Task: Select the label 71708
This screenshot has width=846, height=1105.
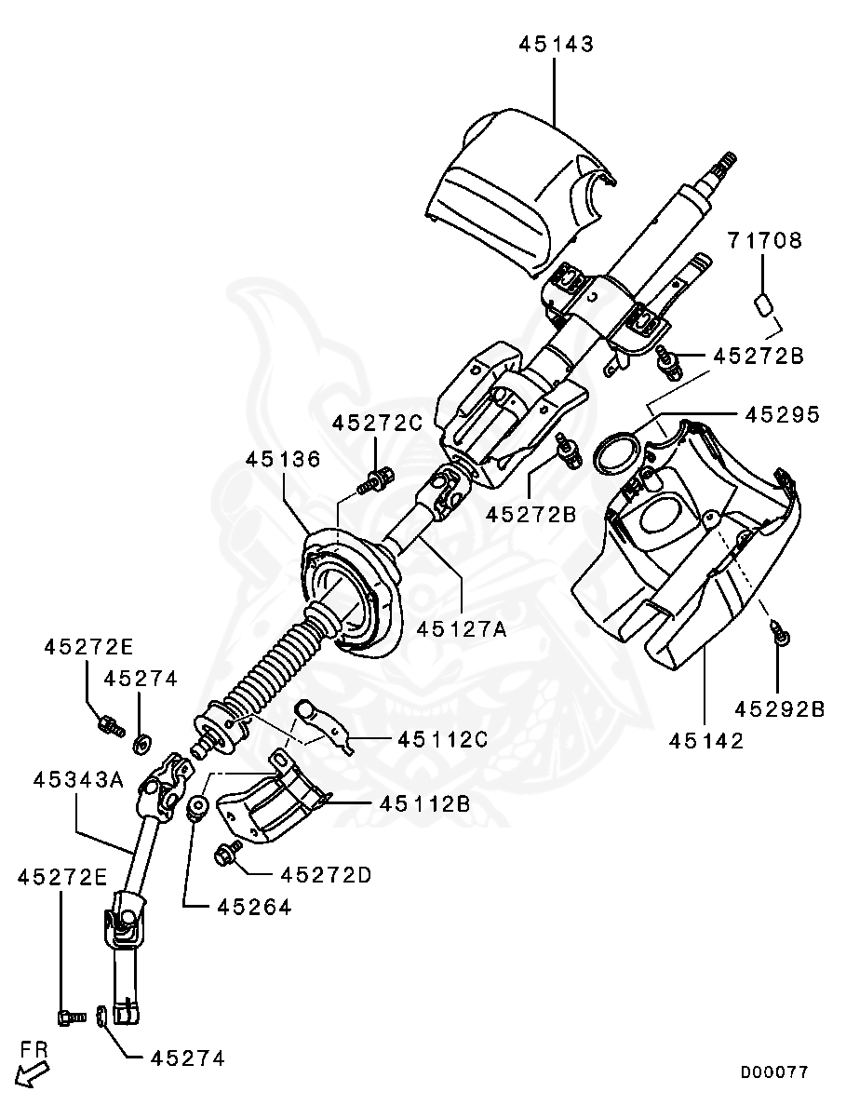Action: point(764,240)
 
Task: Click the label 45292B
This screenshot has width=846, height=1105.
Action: point(779,709)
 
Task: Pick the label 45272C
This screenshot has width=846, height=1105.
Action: point(378,423)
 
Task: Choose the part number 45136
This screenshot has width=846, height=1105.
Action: point(284,459)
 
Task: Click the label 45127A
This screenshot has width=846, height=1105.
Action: point(462,629)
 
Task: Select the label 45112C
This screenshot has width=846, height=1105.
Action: point(443,739)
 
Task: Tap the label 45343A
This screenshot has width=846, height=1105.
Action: point(79,779)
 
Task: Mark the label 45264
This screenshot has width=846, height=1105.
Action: point(255,907)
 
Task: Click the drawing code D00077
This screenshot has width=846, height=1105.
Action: point(774,1072)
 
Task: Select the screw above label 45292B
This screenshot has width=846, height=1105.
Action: point(781,636)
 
